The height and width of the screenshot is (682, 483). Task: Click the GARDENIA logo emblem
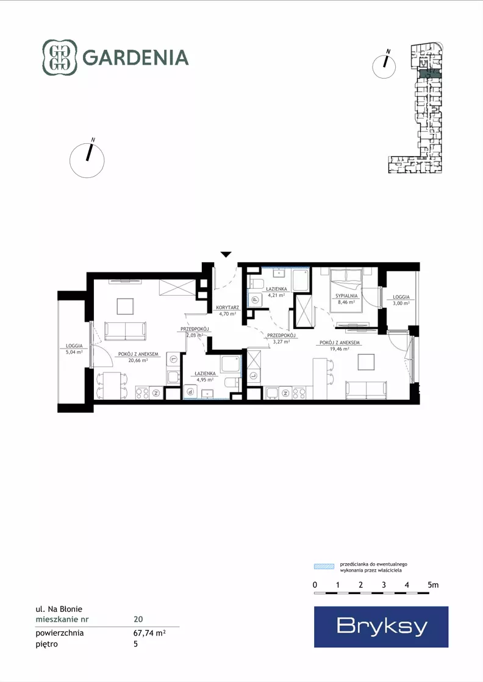tap(60, 57)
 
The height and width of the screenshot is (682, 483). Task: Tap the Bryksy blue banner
tap(381, 627)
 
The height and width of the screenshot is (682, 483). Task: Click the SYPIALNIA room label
tap(346, 296)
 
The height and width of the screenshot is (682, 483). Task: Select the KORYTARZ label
tap(227, 308)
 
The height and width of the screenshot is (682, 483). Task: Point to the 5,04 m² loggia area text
tap(74, 352)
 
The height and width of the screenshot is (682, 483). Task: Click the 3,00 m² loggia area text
tap(401, 303)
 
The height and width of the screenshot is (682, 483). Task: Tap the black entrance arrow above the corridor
tap(226, 254)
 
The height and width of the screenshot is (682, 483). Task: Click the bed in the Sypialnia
tap(346, 291)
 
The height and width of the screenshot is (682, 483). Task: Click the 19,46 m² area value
tap(340, 349)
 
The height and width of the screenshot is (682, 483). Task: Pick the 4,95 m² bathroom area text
tap(205, 379)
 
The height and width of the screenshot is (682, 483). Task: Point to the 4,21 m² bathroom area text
tap(276, 295)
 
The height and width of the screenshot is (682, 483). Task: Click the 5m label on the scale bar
tap(433, 584)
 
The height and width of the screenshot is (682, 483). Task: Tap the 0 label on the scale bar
tap(315, 584)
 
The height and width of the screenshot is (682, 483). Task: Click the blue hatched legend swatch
tap(324, 566)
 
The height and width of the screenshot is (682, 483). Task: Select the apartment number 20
tap(138, 619)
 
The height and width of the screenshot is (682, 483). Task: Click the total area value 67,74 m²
tap(149, 633)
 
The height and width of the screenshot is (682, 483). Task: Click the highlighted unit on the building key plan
tap(430, 74)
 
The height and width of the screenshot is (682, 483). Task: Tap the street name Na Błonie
tap(65, 609)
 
